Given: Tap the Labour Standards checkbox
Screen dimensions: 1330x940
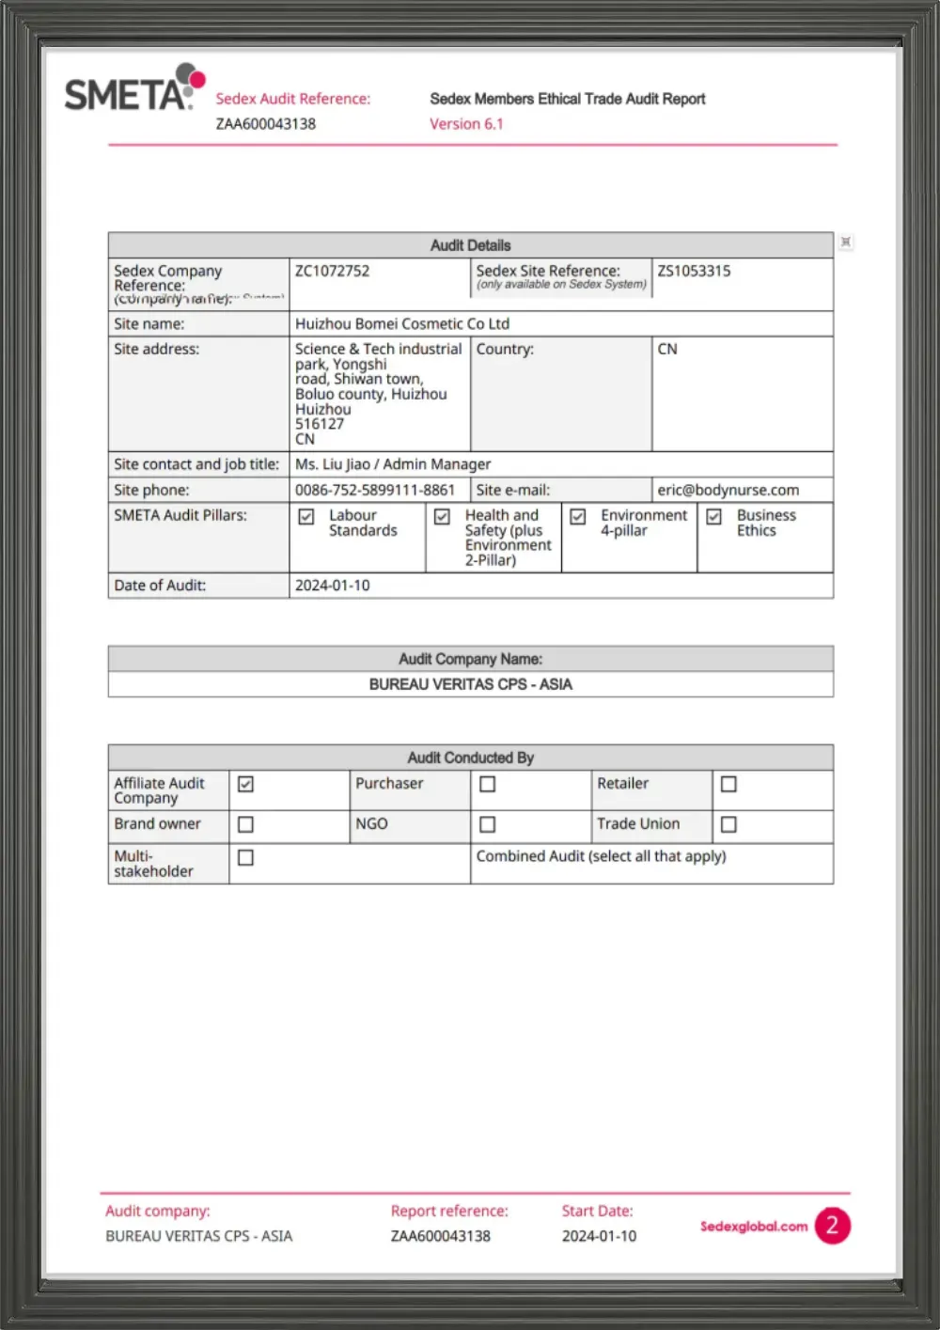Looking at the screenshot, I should (x=306, y=517).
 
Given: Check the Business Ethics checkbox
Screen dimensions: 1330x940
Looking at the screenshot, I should (x=714, y=517).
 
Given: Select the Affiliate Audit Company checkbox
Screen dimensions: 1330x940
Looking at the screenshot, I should (x=245, y=784).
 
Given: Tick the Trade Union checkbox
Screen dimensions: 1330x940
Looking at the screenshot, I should (x=728, y=824).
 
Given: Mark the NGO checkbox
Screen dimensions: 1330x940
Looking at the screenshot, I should (x=487, y=824).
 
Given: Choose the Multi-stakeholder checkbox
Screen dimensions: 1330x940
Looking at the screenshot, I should (x=245, y=857).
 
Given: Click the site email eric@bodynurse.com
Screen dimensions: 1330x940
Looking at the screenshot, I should (x=728, y=490).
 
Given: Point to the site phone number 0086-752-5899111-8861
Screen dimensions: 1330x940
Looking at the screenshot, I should (x=374, y=490).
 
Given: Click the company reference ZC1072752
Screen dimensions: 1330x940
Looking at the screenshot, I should (x=332, y=271).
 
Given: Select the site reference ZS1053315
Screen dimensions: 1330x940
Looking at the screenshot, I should (x=694, y=271).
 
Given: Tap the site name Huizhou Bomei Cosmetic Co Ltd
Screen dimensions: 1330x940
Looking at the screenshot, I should (x=402, y=323).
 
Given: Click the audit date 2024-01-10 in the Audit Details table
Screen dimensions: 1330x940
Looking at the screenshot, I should (x=333, y=585).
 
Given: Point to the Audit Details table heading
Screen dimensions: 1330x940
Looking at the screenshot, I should (x=470, y=245).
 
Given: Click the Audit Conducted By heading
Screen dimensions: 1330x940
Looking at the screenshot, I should (x=470, y=758).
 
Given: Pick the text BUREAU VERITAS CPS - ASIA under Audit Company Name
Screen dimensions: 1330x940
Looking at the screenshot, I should (x=470, y=684).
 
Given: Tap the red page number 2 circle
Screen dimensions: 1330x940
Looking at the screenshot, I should (x=832, y=1226).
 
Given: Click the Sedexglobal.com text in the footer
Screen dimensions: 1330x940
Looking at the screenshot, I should (x=753, y=1226).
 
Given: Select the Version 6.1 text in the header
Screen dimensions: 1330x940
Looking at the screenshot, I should (x=466, y=124).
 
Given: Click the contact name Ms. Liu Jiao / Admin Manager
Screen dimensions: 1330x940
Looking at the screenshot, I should (x=393, y=463).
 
